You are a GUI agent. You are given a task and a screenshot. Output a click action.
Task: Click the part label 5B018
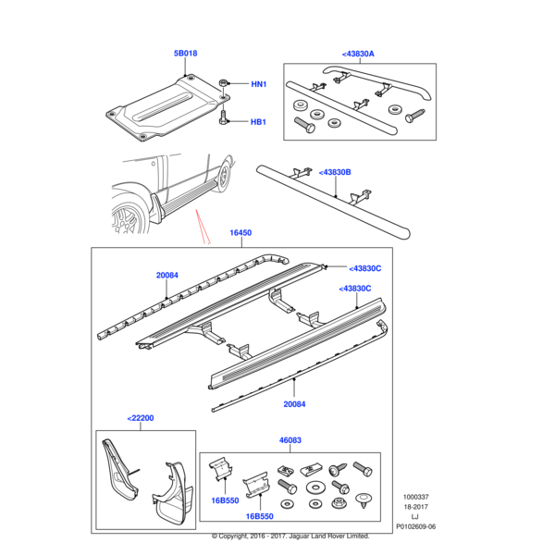[x=185, y=54]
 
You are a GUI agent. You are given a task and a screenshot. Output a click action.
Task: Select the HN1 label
[x=258, y=84]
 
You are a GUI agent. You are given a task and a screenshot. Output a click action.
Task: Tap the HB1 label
[x=258, y=122]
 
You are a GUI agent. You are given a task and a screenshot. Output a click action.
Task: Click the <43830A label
[x=358, y=54]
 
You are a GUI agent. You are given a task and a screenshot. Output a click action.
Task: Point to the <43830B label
[x=335, y=172]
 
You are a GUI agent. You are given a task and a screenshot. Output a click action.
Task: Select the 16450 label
[x=240, y=233]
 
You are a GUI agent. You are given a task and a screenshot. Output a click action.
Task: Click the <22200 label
[x=141, y=418]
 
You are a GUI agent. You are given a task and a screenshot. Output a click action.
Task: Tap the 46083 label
[x=290, y=440]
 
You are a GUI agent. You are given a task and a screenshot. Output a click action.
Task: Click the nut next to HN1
[x=223, y=84]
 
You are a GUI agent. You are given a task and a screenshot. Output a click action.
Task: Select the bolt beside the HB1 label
[x=223, y=117]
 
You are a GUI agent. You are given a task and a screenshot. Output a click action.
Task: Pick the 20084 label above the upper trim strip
[x=167, y=276]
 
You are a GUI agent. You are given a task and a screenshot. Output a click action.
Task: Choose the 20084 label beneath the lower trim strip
[x=294, y=404]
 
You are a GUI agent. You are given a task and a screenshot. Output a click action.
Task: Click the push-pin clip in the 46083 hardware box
[x=364, y=500]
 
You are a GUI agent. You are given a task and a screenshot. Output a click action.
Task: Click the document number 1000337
[x=416, y=497]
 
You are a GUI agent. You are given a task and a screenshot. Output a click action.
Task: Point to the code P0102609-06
[x=416, y=526]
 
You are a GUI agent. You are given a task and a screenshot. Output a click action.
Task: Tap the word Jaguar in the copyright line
[x=300, y=536]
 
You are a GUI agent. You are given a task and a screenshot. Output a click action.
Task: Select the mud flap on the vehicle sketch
[x=156, y=208]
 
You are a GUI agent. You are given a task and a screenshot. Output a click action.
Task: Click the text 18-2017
[x=416, y=507]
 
